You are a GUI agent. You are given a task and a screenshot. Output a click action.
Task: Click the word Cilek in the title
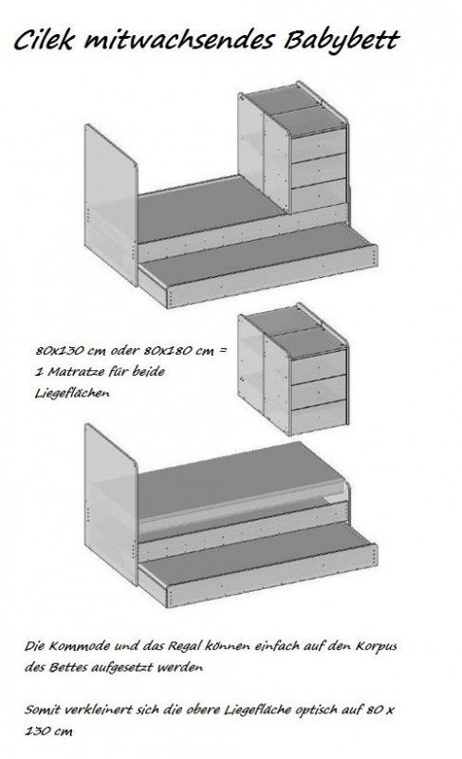pos(43,40)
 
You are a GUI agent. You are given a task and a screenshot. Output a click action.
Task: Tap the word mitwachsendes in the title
pos(178,41)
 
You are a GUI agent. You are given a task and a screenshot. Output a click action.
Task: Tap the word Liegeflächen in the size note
pos(72,393)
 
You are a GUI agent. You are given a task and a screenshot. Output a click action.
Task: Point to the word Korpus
pos(377,646)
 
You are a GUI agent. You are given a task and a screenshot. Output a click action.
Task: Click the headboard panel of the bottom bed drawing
pos(111,504)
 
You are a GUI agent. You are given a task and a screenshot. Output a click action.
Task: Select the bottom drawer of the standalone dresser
pos(320,417)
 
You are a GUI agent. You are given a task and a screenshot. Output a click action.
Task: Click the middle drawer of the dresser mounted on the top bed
pos(319,171)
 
